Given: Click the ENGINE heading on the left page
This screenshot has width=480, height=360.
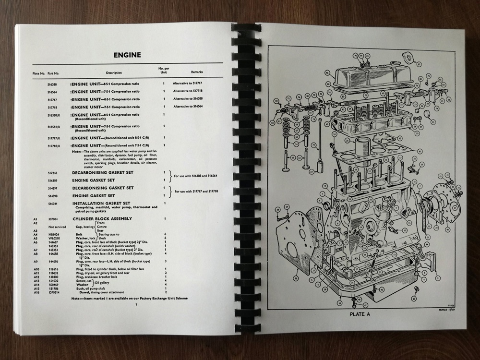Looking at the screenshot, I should pos(127,55).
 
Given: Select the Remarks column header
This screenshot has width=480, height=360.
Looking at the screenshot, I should pos(197,72).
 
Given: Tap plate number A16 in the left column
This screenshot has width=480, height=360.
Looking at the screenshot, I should pos(36,292).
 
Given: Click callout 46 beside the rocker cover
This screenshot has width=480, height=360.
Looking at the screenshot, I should pos(327,73).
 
